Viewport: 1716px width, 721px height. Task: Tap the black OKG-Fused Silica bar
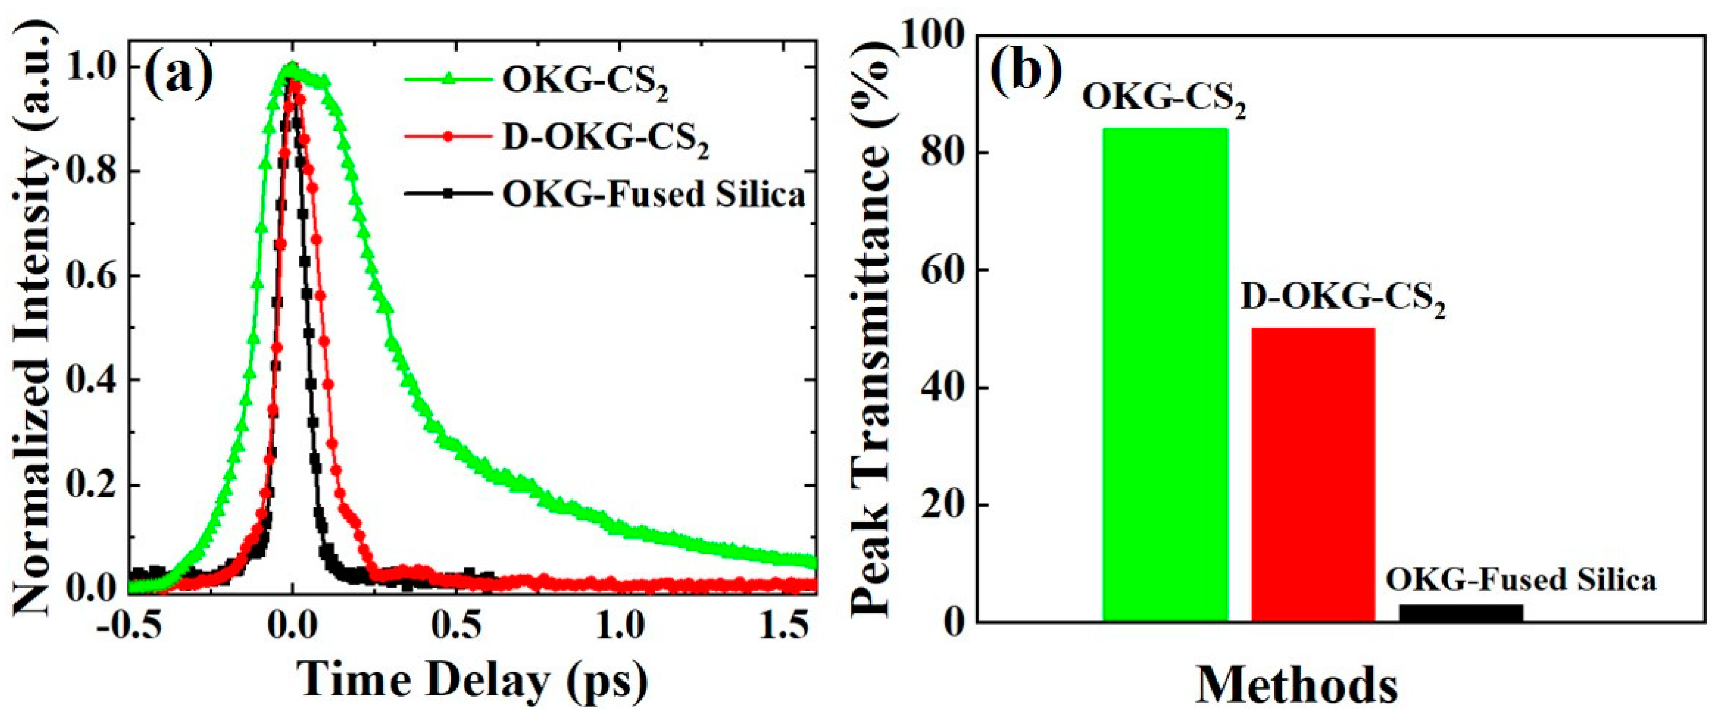tap(1461, 612)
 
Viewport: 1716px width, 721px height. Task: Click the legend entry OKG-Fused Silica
tap(653, 195)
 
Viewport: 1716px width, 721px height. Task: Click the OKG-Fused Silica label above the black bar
tap(1520, 579)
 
